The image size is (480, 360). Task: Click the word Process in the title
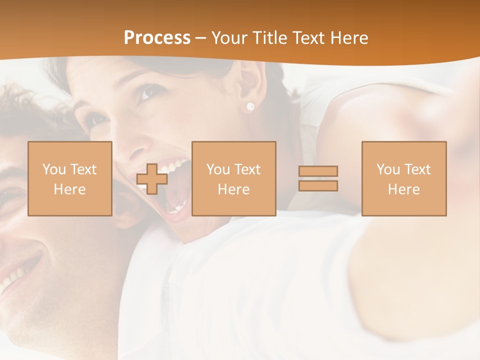(157, 38)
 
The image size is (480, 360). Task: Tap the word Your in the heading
(230, 38)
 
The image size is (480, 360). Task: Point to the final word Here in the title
(348, 38)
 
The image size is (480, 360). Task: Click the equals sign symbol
(318, 178)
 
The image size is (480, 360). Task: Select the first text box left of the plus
(70, 179)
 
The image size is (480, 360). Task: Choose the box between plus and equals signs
(234, 179)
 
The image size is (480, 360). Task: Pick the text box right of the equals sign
(404, 179)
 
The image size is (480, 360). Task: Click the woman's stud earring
(250, 106)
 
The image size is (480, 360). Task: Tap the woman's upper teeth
(176, 164)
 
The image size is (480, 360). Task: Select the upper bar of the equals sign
(318, 171)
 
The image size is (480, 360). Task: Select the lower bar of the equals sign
(318, 186)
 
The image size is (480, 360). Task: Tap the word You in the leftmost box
(54, 169)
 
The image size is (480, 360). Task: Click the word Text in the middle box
(247, 169)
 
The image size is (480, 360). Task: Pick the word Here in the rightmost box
(404, 189)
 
